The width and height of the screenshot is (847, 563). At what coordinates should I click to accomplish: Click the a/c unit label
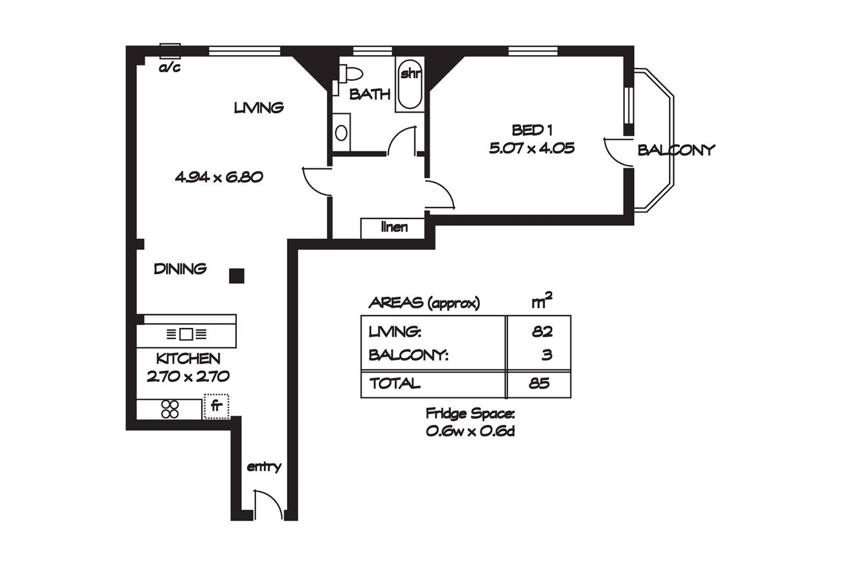[x=170, y=67]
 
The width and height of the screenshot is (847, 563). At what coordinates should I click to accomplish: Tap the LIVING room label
[x=259, y=108]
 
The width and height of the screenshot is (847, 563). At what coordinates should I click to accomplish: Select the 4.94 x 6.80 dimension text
[x=219, y=177]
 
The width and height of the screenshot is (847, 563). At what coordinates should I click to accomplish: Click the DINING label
[x=180, y=269]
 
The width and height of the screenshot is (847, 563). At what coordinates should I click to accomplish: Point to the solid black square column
[x=237, y=276]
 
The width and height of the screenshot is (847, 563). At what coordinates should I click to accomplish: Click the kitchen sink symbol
[x=187, y=335]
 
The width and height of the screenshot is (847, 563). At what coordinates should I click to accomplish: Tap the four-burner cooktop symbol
[x=170, y=409]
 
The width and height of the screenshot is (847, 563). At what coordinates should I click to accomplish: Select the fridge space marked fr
[x=215, y=406]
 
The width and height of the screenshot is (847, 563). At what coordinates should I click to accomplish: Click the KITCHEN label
[x=188, y=359]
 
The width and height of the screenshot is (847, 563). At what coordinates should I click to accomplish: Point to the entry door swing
[x=266, y=504]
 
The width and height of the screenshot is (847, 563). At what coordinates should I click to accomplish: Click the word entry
[x=264, y=467]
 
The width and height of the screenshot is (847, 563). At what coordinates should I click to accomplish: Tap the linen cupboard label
[x=394, y=227]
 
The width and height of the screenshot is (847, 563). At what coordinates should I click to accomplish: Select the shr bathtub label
[x=409, y=74]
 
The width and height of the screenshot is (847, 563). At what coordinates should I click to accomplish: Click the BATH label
[x=370, y=94]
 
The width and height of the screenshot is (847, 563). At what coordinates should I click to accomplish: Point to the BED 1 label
[x=532, y=130]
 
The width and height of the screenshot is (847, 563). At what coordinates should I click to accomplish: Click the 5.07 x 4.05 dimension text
[x=531, y=148]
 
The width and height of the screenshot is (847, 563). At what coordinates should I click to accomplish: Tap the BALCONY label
[x=676, y=150]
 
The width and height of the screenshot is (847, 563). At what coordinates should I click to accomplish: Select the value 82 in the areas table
[x=542, y=332]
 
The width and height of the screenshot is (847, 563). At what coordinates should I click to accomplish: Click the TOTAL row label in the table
[x=395, y=384]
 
